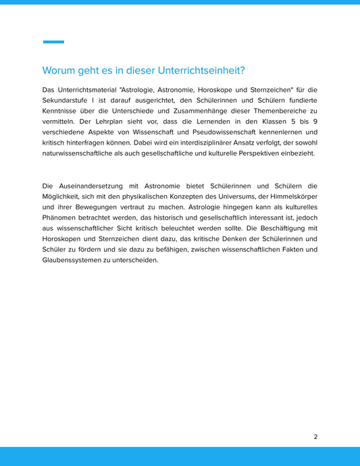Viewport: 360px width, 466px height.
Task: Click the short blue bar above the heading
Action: (x=53, y=42)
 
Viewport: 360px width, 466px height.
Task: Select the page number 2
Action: (x=315, y=437)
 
